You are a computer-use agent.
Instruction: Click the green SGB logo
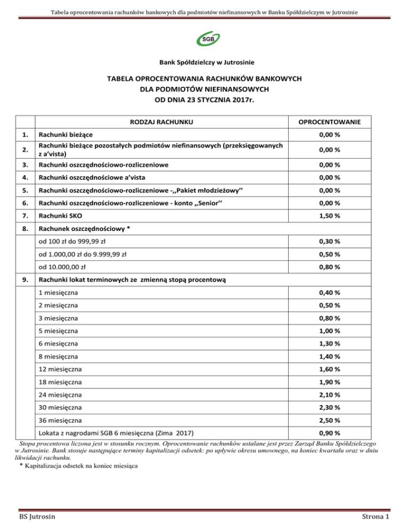(204, 39)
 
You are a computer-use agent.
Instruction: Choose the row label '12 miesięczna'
(59, 369)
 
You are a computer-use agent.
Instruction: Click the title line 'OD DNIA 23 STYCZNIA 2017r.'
(204, 98)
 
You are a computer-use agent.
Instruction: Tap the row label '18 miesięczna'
(59, 382)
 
